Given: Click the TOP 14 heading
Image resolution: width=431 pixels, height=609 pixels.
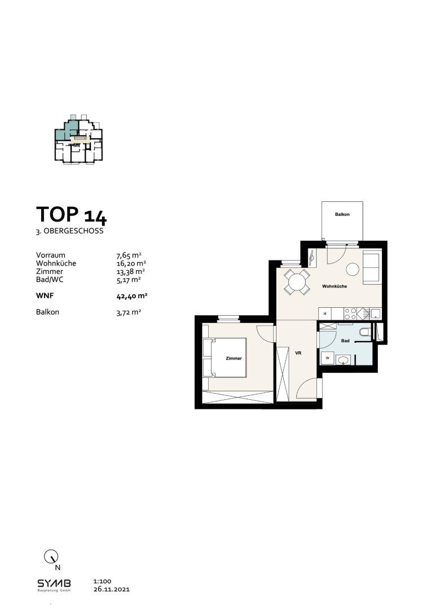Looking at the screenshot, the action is [x=71, y=215].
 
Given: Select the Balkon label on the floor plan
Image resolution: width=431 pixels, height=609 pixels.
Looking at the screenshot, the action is [x=342, y=214].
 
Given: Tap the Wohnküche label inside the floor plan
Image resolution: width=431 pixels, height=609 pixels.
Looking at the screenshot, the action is [x=334, y=286].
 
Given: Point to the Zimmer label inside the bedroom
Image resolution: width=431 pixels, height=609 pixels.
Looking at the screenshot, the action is [x=234, y=358].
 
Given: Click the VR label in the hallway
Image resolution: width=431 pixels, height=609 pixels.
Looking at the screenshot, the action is [x=298, y=353].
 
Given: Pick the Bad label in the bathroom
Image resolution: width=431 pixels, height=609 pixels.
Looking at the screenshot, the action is [x=345, y=341].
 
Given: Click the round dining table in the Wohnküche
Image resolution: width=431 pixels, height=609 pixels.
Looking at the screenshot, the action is [x=297, y=281].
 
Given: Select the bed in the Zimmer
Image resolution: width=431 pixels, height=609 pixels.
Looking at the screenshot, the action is [x=225, y=358].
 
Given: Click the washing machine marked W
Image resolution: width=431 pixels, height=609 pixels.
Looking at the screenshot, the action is [x=327, y=358].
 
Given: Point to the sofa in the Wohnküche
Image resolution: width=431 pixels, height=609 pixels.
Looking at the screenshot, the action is [x=372, y=267].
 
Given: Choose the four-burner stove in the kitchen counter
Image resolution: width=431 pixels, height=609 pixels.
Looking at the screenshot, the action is [x=350, y=314].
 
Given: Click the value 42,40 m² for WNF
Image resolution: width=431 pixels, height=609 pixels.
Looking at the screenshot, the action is [x=132, y=296].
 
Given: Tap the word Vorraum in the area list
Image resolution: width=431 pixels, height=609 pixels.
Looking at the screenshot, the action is [x=51, y=255].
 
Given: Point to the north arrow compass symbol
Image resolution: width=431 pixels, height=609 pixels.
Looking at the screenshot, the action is [x=51, y=557].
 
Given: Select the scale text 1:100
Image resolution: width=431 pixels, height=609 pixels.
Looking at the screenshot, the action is [x=102, y=581].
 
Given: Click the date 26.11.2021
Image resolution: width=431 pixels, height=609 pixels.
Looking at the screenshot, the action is [x=112, y=589].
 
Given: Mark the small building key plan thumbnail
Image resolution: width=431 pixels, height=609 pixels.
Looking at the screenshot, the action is [x=79, y=139].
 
